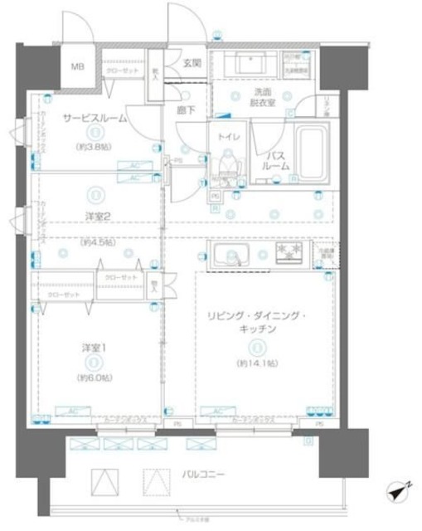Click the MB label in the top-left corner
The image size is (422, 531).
76,67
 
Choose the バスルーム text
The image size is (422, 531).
276,159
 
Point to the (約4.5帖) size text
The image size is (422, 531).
96,243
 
